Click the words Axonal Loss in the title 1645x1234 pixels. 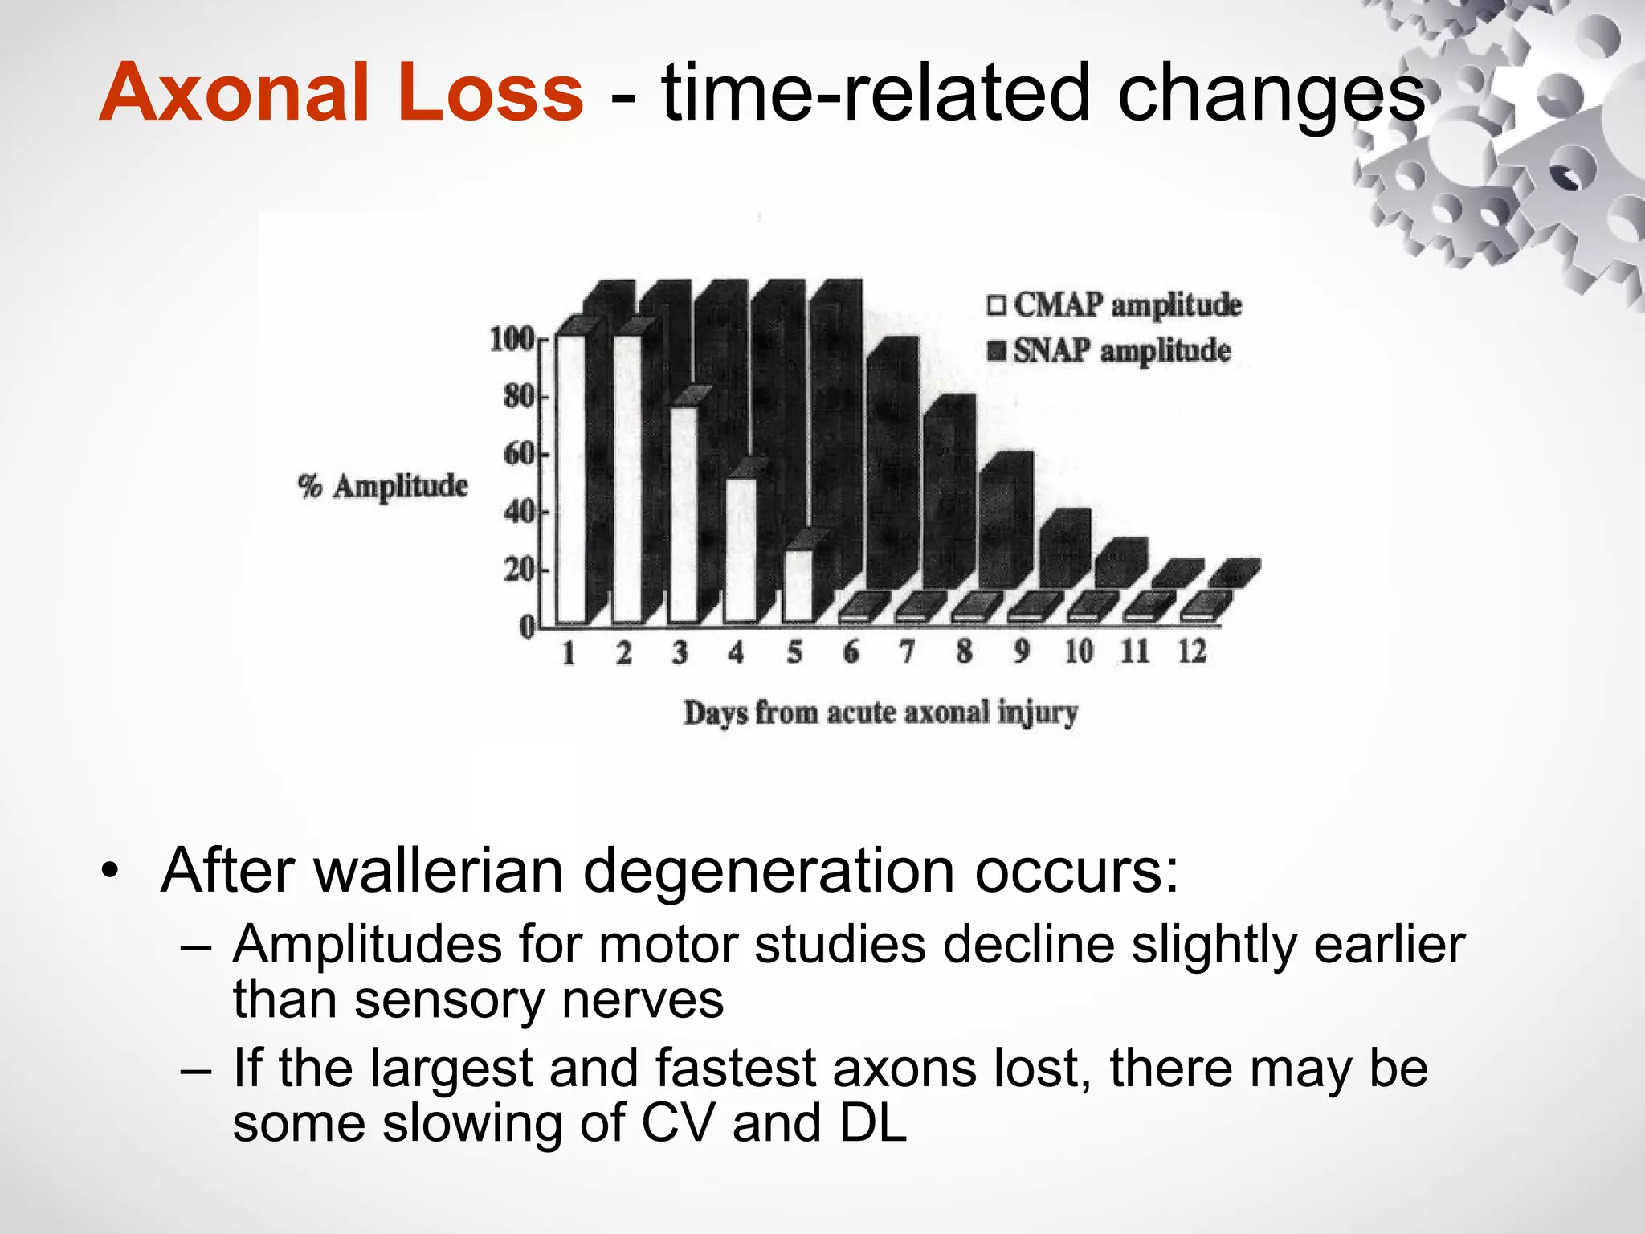341,94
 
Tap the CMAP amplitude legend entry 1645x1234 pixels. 1116,305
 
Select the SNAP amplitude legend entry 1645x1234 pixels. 1110,351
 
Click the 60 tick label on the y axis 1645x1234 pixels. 519,455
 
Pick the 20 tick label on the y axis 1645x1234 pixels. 519,570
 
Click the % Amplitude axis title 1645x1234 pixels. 383,486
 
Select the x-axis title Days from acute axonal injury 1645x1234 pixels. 880,713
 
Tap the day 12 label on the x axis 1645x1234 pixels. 1192,652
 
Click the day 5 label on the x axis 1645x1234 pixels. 794,652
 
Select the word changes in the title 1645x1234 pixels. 1271,94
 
